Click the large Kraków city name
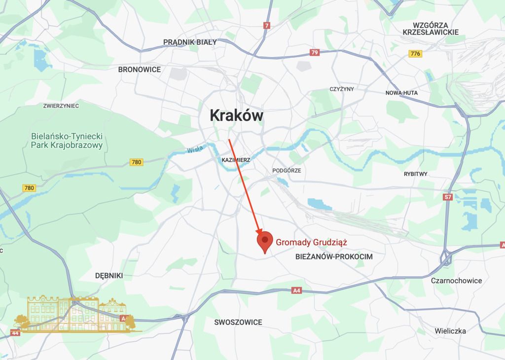[x=237, y=115]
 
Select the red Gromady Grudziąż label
[x=312, y=242]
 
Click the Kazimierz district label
[x=236, y=160]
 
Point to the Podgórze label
[x=287, y=171]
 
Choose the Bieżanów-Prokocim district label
[x=333, y=257]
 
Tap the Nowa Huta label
[x=401, y=93]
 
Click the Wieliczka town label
[x=450, y=331]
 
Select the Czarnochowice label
[x=456, y=281]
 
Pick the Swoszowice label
[x=238, y=322]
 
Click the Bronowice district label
[x=140, y=70]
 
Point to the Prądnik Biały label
[x=190, y=42]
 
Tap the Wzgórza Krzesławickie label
[x=431, y=29]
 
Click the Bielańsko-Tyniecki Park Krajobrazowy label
[x=67, y=141]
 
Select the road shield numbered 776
[x=415, y=54]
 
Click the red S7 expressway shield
[x=448, y=197]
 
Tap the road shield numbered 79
[x=315, y=52]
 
